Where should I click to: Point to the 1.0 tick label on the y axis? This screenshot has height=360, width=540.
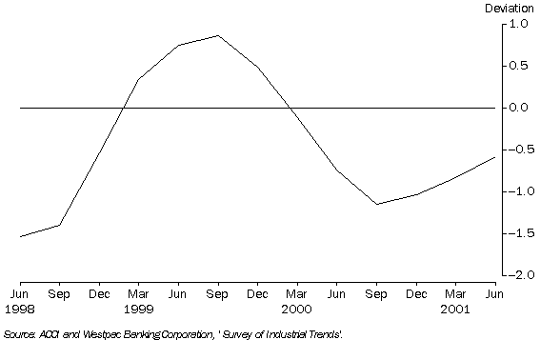coord(516,24)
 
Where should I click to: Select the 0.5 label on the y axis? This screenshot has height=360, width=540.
coord(516,66)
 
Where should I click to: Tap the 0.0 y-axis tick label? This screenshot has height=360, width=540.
coord(516,108)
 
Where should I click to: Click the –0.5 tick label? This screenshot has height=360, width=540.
coord(514,150)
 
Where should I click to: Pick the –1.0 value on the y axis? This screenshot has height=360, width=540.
coord(514,191)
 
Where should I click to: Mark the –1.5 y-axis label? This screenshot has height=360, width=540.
coord(514,233)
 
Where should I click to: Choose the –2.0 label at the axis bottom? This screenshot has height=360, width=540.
coord(514,275)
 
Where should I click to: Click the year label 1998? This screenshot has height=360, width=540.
coord(21,310)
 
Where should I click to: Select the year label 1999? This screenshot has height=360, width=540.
coord(139,310)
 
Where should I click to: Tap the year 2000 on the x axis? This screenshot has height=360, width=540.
coord(297,310)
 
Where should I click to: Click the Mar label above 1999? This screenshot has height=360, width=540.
coord(139,295)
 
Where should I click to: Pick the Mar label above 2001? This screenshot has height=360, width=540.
coord(455,295)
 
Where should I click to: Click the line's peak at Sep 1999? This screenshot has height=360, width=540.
coord(218,35)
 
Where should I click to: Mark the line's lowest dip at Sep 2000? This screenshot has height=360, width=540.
coord(376,204)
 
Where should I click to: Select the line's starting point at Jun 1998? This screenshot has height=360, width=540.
coord(21,236)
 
